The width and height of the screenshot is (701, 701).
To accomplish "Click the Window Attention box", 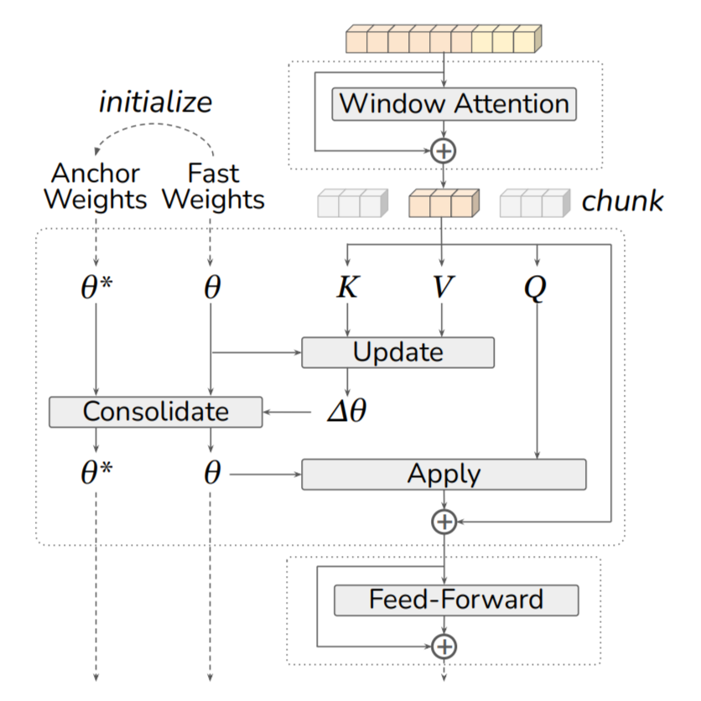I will pyautogui.click(x=455, y=105).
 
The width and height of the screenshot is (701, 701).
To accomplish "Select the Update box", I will pyautogui.click(x=397, y=352).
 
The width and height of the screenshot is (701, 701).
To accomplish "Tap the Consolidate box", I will pyautogui.click(x=155, y=412).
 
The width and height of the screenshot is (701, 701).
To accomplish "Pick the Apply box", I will pyautogui.click(x=443, y=475).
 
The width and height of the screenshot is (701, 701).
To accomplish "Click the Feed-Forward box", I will pyautogui.click(x=456, y=600).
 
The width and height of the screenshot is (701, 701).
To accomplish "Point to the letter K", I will pyautogui.click(x=347, y=288).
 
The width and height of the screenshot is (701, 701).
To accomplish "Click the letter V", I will pyautogui.click(x=442, y=288).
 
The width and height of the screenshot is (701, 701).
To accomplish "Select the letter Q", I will pyautogui.click(x=535, y=288).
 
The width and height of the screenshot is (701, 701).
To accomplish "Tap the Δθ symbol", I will pyautogui.click(x=346, y=413).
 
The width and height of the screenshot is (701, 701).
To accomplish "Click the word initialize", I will pyautogui.click(x=155, y=103).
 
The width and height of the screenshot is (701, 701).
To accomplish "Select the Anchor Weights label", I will pyautogui.click(x=96, y=187).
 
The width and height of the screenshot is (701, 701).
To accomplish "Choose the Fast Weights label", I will pyautogui.click(x=214, y=187).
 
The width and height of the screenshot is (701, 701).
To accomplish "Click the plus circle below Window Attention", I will pyautogui.click(x=443, y=152).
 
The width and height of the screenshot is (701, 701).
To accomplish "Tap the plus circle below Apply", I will pyautogui.click(x=443, y=522).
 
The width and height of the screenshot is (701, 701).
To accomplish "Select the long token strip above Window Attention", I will pyautogui.click(x=444, y=39).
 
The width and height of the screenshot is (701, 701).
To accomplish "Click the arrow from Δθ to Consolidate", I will pyautogui.click(x=292, y=412).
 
